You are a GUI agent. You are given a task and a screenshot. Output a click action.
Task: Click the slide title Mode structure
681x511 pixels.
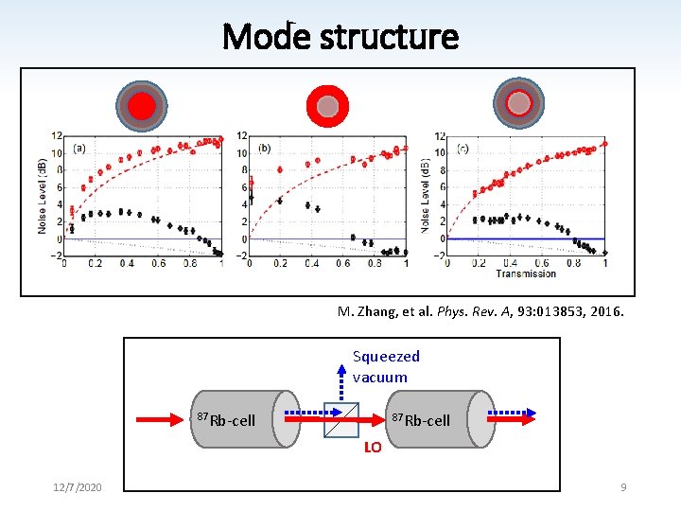[340, 37]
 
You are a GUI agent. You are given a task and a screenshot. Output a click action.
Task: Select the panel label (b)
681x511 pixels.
[264, 148]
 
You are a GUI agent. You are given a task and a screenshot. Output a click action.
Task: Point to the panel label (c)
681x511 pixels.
[462, 148]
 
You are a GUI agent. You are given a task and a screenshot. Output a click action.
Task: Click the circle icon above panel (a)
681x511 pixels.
[141, 105]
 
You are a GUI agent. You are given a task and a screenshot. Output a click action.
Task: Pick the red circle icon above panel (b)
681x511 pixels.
[327, 105]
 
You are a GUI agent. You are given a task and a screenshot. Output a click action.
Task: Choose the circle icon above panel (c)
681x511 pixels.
[519, 103]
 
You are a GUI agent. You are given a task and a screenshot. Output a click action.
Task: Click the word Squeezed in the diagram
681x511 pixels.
[386, 356]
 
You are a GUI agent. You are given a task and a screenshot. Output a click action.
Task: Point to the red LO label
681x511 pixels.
[373, 448]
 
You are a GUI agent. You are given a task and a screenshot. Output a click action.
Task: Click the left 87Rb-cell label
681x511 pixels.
[226, 419]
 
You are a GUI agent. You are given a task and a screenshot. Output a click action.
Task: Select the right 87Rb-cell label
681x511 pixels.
[421, 419]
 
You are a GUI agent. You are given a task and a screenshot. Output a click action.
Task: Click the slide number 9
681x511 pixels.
[623, 486]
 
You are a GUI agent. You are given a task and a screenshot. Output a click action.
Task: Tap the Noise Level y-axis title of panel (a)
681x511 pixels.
[44, 196]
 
